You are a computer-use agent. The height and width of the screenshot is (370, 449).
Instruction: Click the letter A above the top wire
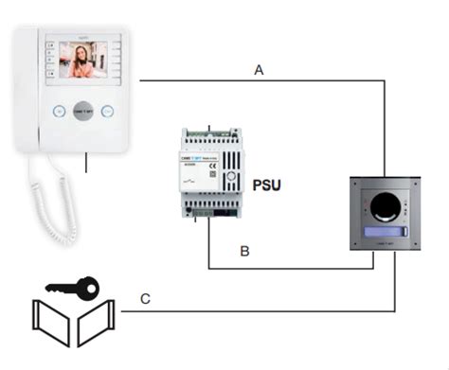coord(259,69)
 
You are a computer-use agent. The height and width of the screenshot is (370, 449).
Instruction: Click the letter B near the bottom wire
coord(244,252)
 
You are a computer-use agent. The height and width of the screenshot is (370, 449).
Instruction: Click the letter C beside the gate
coord(145,299)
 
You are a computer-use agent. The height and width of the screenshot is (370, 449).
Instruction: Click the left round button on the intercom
coord(59,110)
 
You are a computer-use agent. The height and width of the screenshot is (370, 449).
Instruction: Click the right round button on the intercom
coord(107,110)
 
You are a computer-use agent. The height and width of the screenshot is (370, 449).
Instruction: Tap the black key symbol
coord(72,284)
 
